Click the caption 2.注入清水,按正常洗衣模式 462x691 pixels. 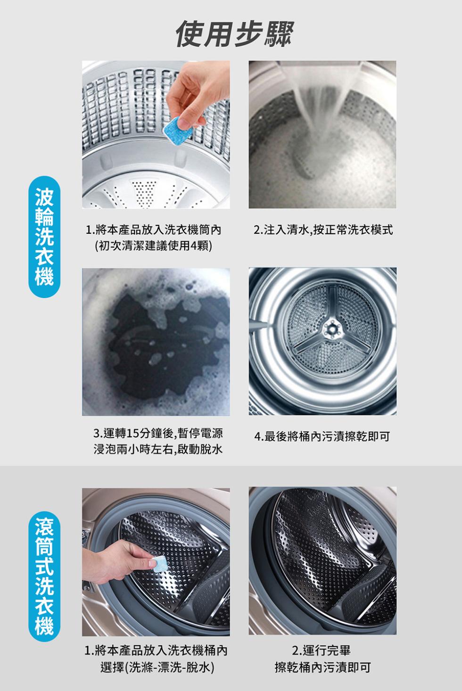(x=322, y=231)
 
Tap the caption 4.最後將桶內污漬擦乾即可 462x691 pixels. (x=322, y=436)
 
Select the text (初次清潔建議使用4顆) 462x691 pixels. (x=153, y=246)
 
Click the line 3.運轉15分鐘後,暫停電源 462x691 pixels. (x=158, y=433)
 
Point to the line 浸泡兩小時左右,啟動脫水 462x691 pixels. (x=158, y=449)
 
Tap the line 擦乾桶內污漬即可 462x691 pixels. (x=322, y=667)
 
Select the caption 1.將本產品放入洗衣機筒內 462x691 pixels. (x=154, y=231)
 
